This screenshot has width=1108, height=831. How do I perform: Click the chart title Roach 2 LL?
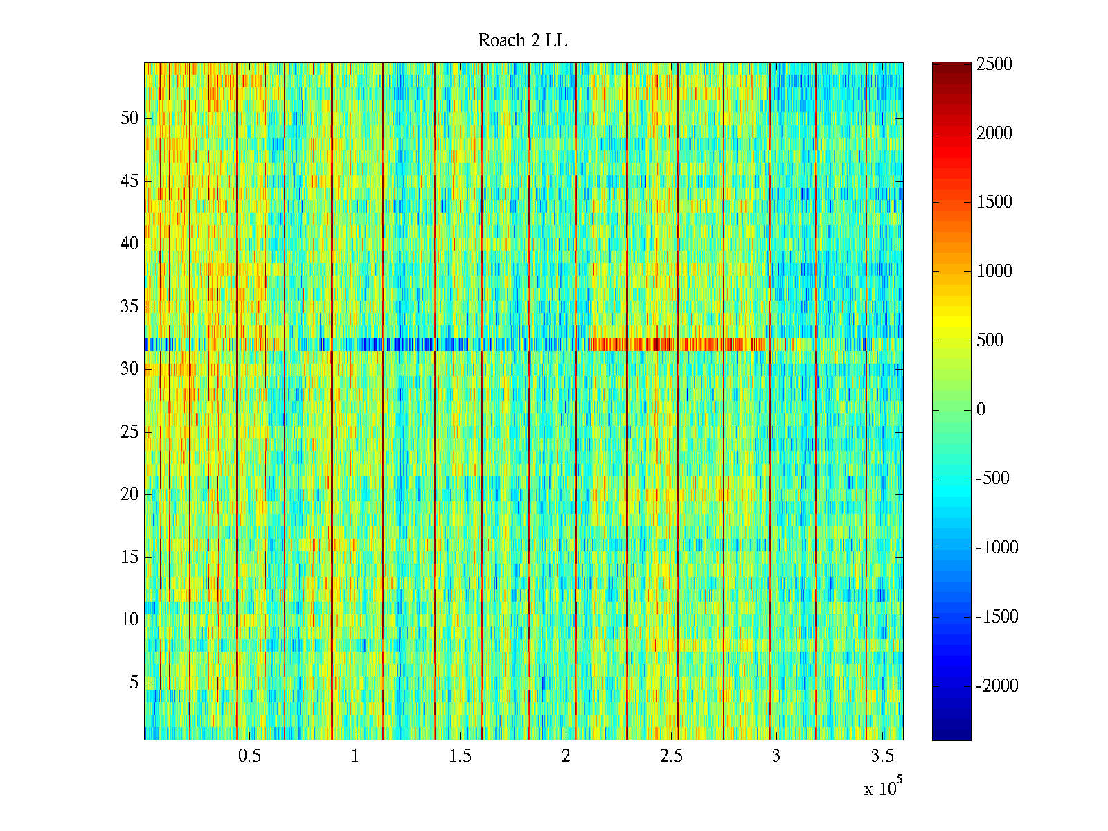[x=522, y=41]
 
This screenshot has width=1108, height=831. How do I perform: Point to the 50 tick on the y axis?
[x=129, y=118]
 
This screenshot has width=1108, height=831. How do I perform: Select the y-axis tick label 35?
[x=129, y=306]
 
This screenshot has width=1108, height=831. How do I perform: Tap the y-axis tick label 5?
[x=134, y=683]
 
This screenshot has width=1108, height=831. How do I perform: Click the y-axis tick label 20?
[x=129, y=494]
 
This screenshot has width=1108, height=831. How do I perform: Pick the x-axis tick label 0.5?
[x=249, y=756]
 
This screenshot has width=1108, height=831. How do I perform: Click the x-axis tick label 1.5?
[x=460, y=756]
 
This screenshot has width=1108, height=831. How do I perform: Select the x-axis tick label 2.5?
[x=671, y=756]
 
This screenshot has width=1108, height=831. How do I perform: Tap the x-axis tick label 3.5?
[x=882, y=756]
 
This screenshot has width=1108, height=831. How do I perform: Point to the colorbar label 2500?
[x=994, y=64]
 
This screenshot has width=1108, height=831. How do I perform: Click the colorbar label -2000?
[x=997, y=686]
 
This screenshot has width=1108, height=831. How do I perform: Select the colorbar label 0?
[x=981, y=409]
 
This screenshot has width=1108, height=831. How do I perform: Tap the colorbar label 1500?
[x=994, y=202]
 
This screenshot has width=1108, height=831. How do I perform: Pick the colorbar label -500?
[x=993, y=478]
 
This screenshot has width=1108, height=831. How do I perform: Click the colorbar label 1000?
[x=994, y=271]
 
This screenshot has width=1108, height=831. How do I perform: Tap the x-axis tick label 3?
[x=776, y=756]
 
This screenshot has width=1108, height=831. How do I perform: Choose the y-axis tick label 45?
[x=129, y=181]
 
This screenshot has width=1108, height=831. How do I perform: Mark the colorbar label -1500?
[x=997, y=616]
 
